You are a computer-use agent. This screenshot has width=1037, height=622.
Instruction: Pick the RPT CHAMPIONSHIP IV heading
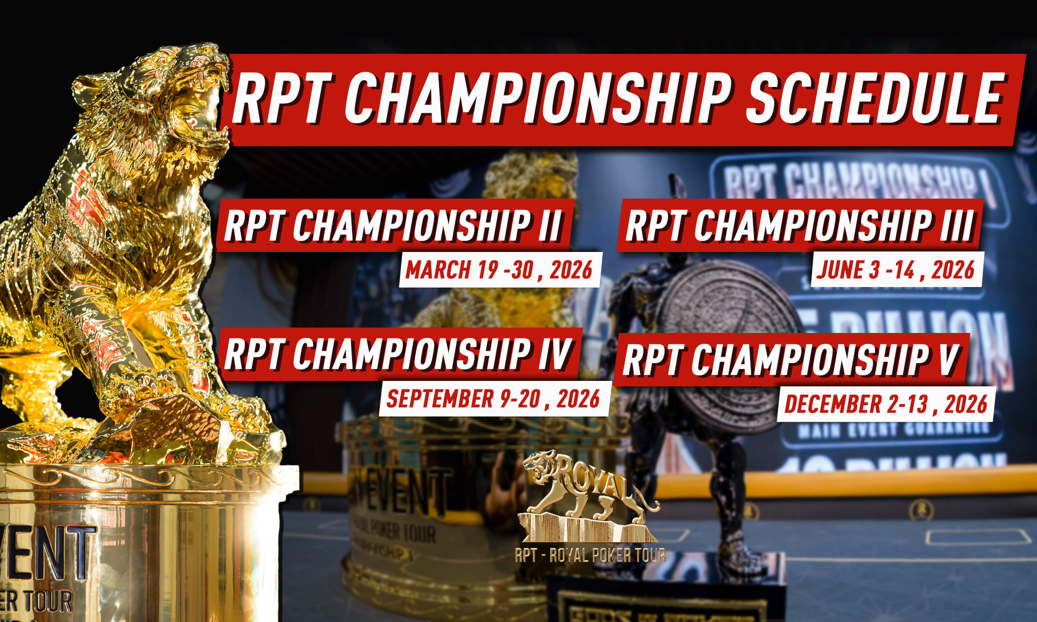398,354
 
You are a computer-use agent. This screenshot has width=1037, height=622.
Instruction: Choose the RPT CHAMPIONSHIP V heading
791,360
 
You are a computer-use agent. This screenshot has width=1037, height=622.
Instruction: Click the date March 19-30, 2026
499,270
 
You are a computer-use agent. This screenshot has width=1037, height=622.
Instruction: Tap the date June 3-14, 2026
895,270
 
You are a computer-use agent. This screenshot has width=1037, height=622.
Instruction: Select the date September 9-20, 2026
493,399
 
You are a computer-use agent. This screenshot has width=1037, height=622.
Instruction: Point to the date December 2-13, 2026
885,404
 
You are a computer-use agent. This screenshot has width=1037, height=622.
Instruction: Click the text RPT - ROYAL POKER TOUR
590,555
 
